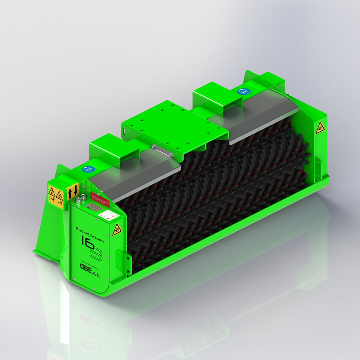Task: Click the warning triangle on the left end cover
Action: coord(117,229)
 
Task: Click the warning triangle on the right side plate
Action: coord(319,127)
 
